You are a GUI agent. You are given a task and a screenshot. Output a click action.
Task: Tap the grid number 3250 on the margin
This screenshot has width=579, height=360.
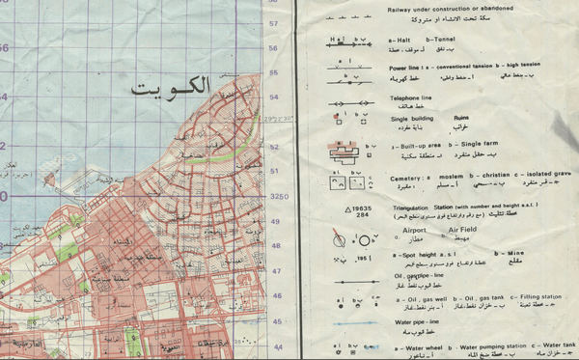(279, 196)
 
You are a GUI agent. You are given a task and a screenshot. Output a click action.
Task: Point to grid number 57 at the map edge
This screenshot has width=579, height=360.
(273, 23)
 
